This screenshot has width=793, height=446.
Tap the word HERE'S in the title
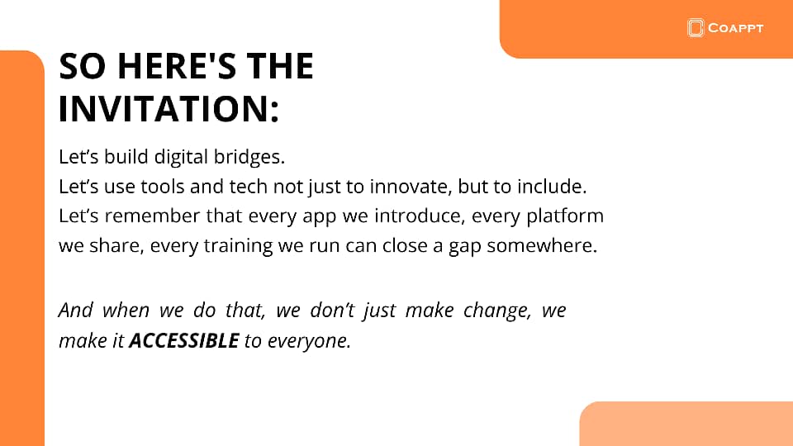click(177, 66)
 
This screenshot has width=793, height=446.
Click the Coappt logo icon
click(696, 28)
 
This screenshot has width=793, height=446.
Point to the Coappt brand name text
click(735, 28)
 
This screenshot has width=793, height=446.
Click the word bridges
click(249, 157)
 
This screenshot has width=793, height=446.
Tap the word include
click(552, 186)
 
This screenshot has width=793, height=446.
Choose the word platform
click(565, 216)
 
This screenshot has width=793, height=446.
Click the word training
click(238, 246)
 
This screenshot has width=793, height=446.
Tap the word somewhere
click(542, 246)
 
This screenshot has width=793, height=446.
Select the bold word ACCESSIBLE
click(184, 341)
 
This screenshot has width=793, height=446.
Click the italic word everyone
click(309, 341)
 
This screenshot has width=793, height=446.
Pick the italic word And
click(76, 310)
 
